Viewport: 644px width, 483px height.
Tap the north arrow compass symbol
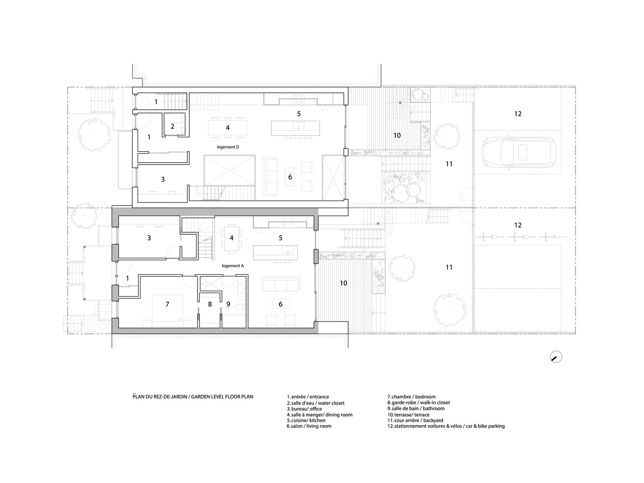click(x=556, y=357)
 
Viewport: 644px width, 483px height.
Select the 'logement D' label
click(x=228, y=147)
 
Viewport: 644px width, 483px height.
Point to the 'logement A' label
click(x=233, y=266)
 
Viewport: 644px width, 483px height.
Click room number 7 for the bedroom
click(x=168, y=304)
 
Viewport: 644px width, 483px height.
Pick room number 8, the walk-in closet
click(x=210, y=304)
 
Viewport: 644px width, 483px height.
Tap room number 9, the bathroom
click(x=228, y=304)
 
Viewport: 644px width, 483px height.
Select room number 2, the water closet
click(x=172, y=127)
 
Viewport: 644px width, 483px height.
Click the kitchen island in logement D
click(x=295, y=128)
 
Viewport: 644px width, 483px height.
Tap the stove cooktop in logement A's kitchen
click(x=288, y=222)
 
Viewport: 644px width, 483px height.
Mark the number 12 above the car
click(x=518, y=114)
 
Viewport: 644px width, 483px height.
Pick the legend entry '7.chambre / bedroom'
click(x=411, y=397)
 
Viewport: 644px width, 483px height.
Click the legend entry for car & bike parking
click(x=446, y=426)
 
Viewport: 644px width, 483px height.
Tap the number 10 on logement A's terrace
click(x=343, y=283)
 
